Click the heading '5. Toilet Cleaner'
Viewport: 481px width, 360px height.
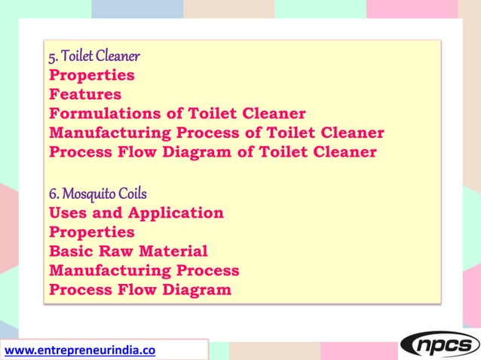pos(94,56)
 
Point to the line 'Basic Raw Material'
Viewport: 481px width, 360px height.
pos(127,252)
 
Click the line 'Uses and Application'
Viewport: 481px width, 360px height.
pos(136,212)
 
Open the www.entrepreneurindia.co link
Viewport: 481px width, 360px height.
pos(80,349)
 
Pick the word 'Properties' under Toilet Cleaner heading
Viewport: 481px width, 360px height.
pos(91,75)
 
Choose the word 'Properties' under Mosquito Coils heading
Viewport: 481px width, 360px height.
pos(91,232)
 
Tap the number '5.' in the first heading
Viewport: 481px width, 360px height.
pos(53,56)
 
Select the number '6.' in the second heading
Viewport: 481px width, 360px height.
pos(53,194)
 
